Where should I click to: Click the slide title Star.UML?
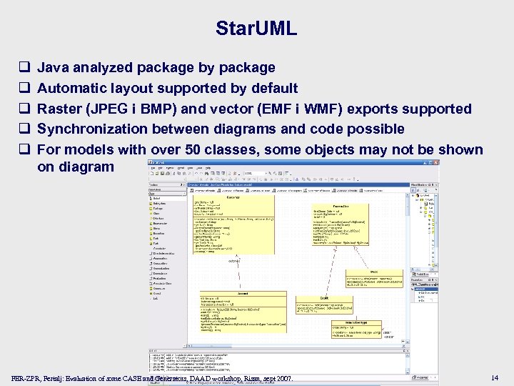click(x=256, y=29)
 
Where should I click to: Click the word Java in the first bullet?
click(x=53, y=68)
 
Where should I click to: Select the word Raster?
click(x=60, y=109)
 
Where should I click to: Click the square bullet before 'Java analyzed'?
click(x=24, y=68)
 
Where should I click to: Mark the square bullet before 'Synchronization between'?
click(x=24, y=129)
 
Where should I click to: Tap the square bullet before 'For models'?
click(x=24, y=150)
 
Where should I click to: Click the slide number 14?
click(x=495, y=377)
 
